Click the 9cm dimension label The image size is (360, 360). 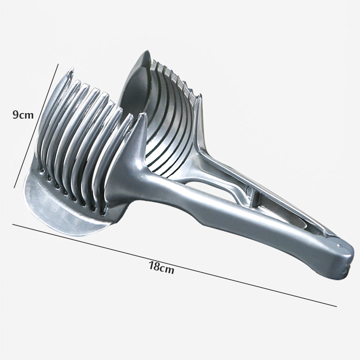[x=23, y=115]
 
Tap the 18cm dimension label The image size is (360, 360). [x=162, y=267]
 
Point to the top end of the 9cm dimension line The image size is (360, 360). [x=58, y=64]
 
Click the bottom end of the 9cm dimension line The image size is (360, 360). [x=14, y=188]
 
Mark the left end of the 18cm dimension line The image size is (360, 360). [x=13, y=224]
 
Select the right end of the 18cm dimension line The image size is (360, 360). [x=337, y=306]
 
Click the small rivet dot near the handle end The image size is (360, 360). [x=339, y=246]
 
